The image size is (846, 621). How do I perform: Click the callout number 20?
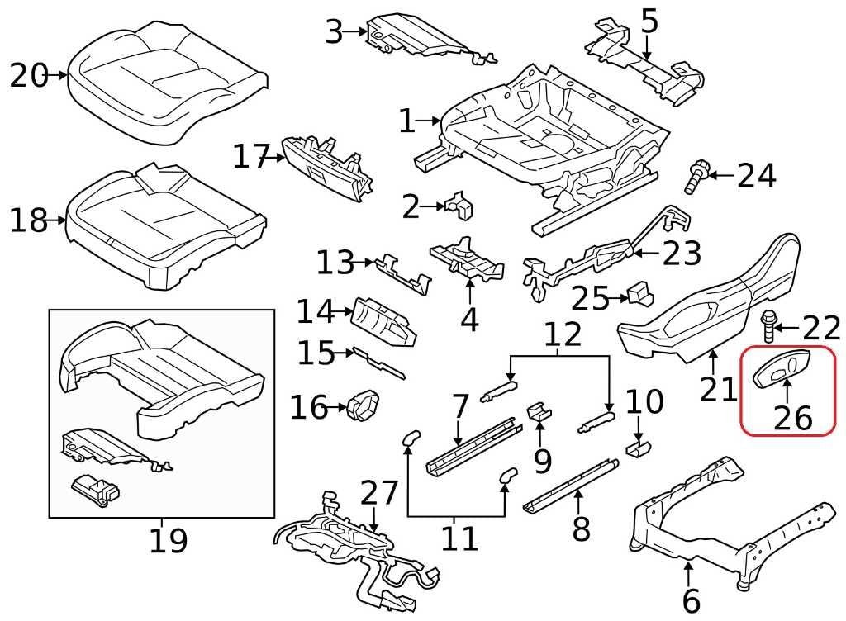click(29, 76)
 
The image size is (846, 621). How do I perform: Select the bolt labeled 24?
click(695, 175)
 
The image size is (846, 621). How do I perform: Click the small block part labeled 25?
click(639, 295)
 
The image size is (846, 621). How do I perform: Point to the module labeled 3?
click(421, 37)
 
